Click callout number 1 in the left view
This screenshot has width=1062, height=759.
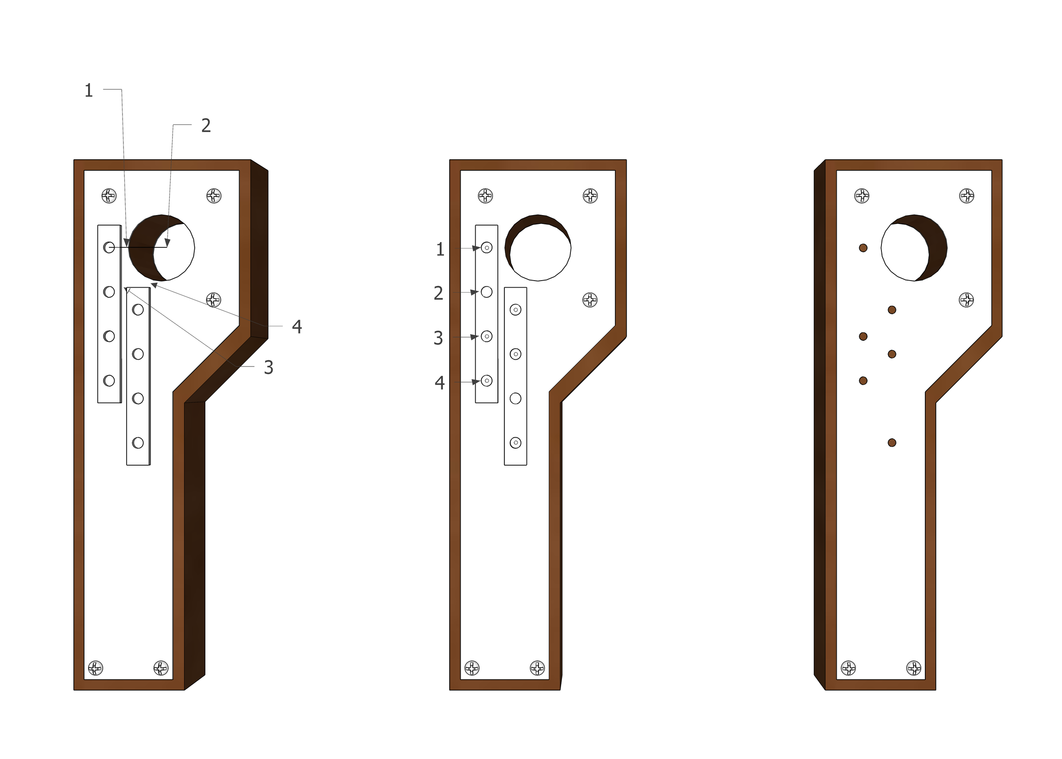(89, 90)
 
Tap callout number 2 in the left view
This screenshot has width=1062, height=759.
(206, 125)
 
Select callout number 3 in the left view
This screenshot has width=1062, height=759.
(269, 367)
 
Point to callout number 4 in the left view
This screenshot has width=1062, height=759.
(296, 326)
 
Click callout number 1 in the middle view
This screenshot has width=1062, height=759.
(440, 249)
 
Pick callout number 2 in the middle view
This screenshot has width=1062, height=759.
(438, 293)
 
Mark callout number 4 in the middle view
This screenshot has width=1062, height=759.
(440, 383)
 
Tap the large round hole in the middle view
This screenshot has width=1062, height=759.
(538, 248)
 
